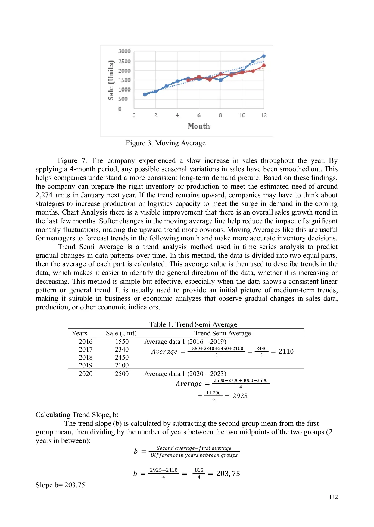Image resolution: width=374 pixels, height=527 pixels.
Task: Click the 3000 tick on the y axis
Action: tap(124, 51)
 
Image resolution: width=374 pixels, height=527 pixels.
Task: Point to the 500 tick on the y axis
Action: tap(123, 99)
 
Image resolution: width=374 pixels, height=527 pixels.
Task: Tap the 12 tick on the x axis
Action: tap(264, 115)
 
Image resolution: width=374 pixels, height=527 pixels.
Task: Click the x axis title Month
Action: tap(199, 126)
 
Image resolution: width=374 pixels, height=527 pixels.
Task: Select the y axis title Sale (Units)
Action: tap(111, 80)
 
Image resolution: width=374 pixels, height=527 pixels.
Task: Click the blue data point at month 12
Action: tap(264, 56)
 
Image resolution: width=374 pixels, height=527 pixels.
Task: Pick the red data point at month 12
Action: tap(264, 65)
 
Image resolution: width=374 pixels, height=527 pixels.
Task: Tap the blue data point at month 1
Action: tap(145, 94)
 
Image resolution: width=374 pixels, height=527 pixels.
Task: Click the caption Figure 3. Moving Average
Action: tap(166, 143)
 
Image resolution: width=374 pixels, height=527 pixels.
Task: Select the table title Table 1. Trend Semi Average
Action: tap(193, 324)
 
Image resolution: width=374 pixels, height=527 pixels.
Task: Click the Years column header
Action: tap(79, 333)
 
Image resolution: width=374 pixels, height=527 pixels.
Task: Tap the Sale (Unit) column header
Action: tap(121, 333)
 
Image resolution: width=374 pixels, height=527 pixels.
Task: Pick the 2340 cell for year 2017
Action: tap(122, 349)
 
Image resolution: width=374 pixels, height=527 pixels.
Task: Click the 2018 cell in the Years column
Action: tap(86, 358)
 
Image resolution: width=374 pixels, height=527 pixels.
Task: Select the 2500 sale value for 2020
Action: tap(122, 374)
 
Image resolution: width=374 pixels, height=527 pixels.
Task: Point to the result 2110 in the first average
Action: tap(286, 352)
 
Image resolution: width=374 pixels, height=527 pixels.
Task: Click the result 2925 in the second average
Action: tap(240, 396)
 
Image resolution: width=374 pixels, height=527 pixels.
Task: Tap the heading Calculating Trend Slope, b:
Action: tap(77, 415)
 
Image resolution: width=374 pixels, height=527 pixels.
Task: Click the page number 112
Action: tap(333, 497)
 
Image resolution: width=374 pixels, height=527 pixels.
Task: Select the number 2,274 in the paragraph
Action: tap(44, 195)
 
